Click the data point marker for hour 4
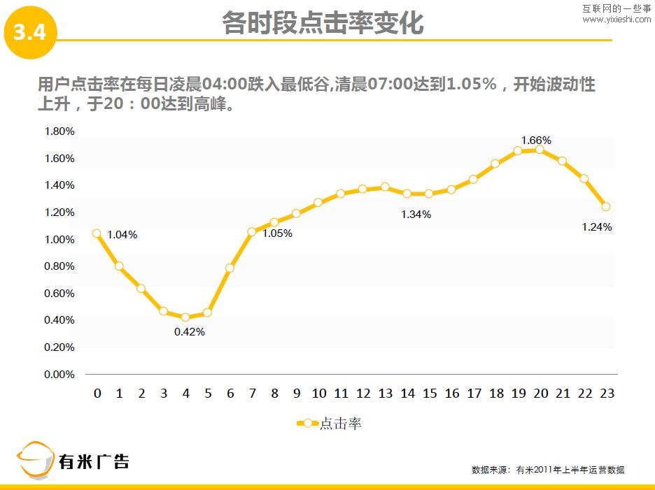point(185,317)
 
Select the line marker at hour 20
point(540,150)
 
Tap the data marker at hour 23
point(606,207)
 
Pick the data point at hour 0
point(97,233)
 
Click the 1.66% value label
point(536,140)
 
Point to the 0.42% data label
point(190,332)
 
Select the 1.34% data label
point(416,215)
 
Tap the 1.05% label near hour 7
point(277,233)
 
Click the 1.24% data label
point(597,226)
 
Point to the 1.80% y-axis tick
point(59,131)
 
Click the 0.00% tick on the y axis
point(59,375)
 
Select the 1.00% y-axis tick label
point(59,240)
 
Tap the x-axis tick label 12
point(363,394)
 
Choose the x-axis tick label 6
point(230,394)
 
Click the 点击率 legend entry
point(329,424)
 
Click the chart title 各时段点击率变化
point(323,23)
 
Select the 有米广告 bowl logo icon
point(35,461)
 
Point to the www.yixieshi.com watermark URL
point(617,20)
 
